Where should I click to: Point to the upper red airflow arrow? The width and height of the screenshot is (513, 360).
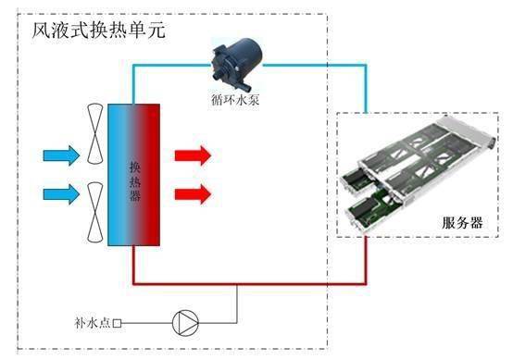(193, 154)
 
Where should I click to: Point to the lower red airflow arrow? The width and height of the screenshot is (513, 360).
(193, 193)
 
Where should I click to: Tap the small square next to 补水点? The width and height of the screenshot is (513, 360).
(117, 324)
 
